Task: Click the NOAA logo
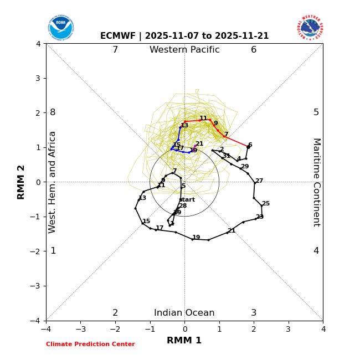[x=60, y=27]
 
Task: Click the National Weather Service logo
[x=310, y=27]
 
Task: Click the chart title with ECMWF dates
[x=184, y=36]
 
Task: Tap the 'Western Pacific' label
[x=184, y=50]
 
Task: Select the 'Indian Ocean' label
[x=184, y=313]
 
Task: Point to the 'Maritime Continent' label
[x=316, y=182]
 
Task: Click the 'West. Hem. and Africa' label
[x=53, y=182]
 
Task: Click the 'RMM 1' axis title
[x=184, y=341]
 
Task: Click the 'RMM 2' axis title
[x=22, y=182]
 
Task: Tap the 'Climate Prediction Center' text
[x=90, y=344]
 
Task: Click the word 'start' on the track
[x=187, y=200]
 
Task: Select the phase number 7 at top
[x=115, y=50]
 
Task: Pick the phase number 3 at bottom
[x=254, y=313]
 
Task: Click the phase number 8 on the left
[x=53, y=112]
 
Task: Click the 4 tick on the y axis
[x=38, y=44]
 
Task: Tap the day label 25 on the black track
[x=266, y=204]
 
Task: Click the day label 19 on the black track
[x=196, y=238]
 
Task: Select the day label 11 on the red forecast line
[x=203, y=119]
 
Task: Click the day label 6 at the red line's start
[x=250, y=145]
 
